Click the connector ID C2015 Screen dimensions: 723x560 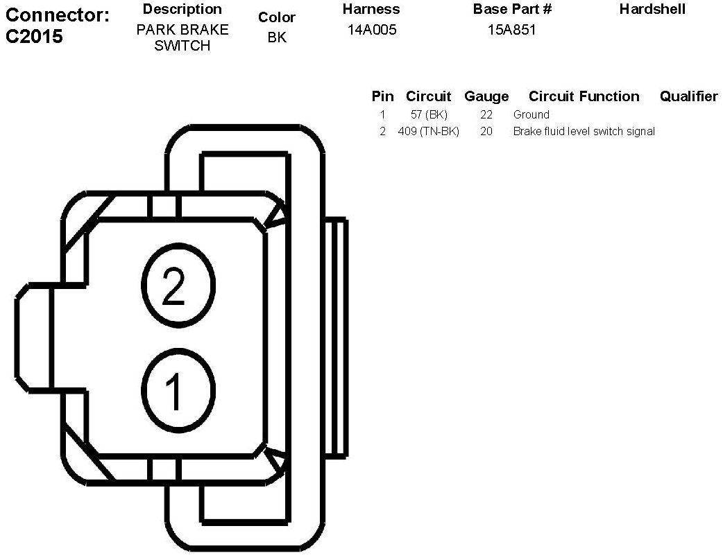(x=34, y=37)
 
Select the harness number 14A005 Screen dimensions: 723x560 (x=372, y=30)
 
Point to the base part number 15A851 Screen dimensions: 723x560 (x=512, y=30)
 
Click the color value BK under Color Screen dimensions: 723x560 (x=277, y=37)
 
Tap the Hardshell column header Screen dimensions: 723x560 (x=652, y=9)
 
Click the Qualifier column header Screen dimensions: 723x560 (x=688, y=96)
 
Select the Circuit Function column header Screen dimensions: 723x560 (x=584, y=96)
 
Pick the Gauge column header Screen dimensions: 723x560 (x=486, y=96)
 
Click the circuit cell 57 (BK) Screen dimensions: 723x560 (x=429, y=115)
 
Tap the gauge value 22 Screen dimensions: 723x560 (x=486, y=115)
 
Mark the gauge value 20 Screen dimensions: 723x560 (x=486, y=131)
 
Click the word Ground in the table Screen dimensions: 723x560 (x=531, y=115)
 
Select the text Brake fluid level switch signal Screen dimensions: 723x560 (x=584, y=131)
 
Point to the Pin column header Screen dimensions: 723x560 (x=382, y=96)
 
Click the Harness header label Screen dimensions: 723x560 (x=371, y=9)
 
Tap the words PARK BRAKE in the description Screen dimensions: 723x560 (x=182, y=30)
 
